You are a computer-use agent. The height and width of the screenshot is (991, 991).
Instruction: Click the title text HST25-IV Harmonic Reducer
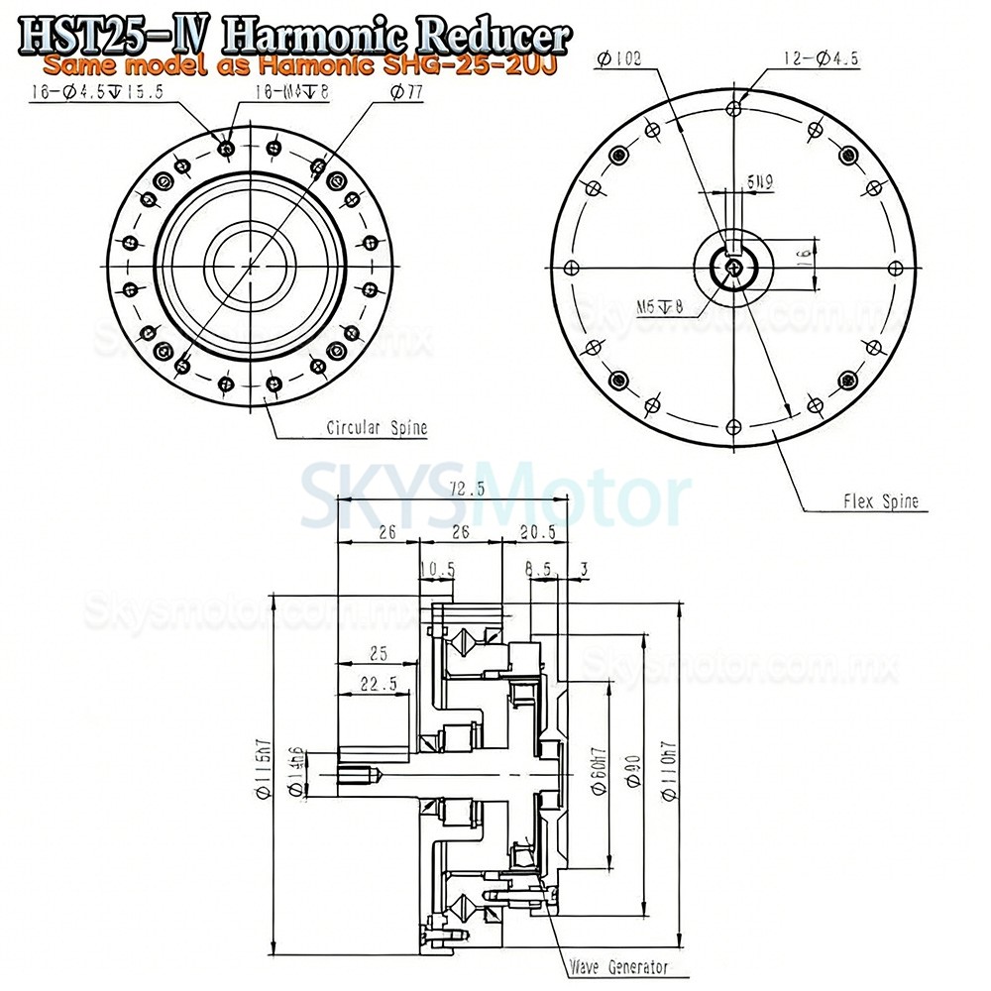(295, 36)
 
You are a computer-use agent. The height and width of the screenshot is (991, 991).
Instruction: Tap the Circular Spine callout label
(378, 428)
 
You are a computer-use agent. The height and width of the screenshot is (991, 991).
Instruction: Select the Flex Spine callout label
(880, 501)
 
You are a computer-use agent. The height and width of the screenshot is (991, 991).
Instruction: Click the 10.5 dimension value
(436, 569)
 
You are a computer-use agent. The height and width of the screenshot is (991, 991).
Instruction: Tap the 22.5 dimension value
(375, 683)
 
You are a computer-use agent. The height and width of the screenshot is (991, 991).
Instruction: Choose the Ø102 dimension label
(620, 59)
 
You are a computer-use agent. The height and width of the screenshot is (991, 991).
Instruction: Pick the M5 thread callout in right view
(662, 306)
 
